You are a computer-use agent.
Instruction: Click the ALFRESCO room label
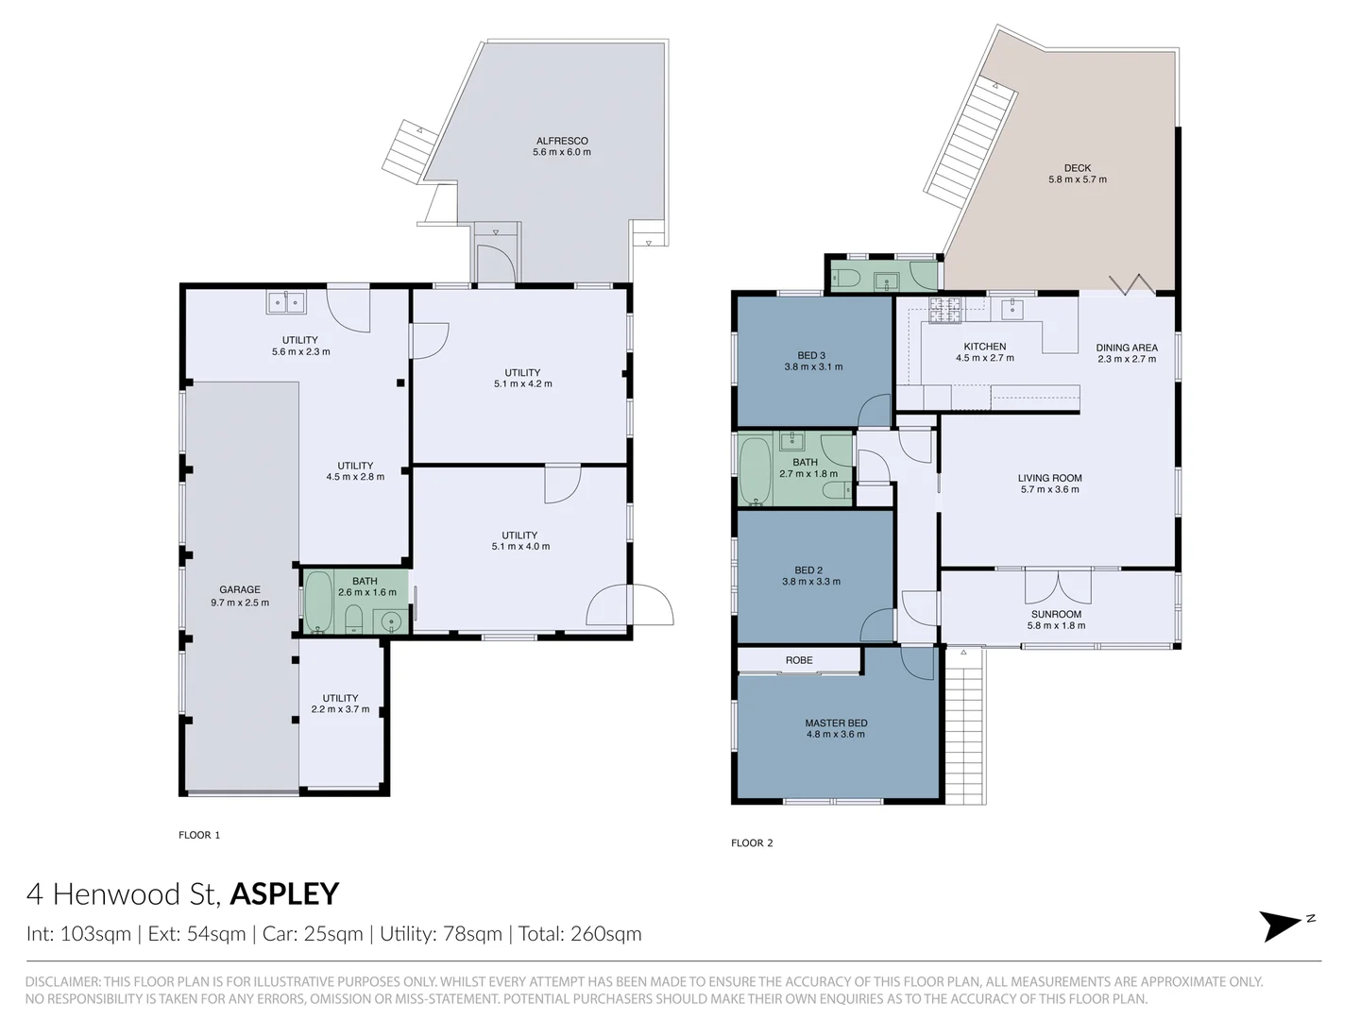(562, 141)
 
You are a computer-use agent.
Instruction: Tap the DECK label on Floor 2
(1078, 168)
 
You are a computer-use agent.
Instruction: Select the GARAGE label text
(239, 589)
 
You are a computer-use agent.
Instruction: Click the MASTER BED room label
(836, 722)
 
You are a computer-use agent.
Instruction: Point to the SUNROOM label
(1056, 614)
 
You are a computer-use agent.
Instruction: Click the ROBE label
(799, 660)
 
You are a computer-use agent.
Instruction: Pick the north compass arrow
(1284, 926)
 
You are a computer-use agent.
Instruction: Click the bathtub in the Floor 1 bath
(319, 602)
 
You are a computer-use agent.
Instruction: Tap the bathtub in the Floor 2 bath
(754, 469)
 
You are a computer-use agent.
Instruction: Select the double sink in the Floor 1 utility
(286, 302)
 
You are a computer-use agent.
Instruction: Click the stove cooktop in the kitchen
(944, 309)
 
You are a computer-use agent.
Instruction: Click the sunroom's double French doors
(1059, 587)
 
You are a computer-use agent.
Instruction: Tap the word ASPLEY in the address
(284, 893)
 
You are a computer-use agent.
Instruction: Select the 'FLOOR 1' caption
(199, 835)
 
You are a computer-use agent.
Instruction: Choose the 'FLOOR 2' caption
(752, 843)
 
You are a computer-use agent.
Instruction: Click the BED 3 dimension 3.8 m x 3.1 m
(813, 366)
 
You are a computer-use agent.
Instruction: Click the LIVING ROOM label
(1049, 478)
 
